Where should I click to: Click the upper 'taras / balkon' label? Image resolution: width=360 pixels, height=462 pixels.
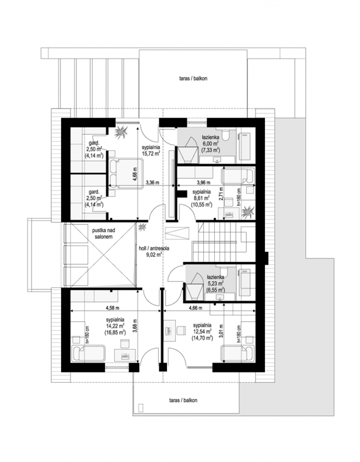tap(193, 79)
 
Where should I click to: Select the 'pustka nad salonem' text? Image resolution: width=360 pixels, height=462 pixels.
tap(102, 234)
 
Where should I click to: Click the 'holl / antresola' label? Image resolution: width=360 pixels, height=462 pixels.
tap(154, 248)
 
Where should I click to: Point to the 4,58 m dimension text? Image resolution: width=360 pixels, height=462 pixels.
tap(113, 308)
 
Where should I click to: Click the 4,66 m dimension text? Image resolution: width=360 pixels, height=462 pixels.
tap(195, 308)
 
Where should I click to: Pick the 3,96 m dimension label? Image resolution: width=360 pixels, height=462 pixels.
tap(203, 182)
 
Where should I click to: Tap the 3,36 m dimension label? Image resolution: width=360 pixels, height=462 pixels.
tap(152, 182)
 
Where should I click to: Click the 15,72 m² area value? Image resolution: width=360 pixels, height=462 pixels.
tap(151, 153)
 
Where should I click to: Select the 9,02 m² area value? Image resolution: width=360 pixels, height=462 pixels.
tap(154, 254)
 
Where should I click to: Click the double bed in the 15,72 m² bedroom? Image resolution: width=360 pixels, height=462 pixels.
tap(126, 173)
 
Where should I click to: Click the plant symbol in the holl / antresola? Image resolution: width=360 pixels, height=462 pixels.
tap(142, 227)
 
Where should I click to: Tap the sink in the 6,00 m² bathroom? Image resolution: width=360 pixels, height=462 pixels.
tap(217, 159)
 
